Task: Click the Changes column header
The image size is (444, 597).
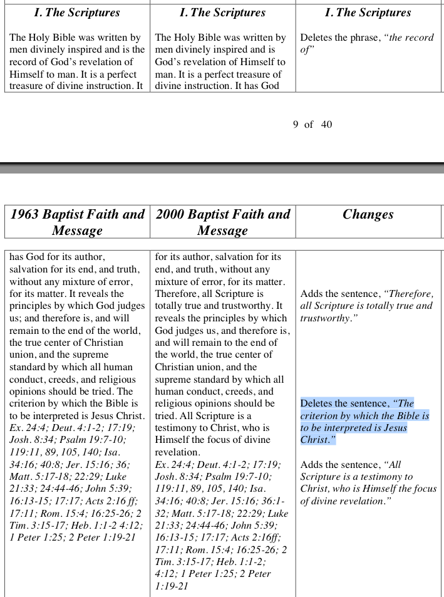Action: pyautogui.click(x=368, y=214)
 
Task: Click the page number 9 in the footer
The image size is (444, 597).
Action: pyautogui.click(x=296, y=124)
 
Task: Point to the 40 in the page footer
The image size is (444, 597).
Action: pyautogui.click(x=326, y=124)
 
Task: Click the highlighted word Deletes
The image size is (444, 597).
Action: pyautogui.click(x=318, y=403)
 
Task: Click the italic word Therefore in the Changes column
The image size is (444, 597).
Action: pyautogui.click(x=411, y=294)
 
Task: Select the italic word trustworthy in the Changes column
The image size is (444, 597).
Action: pyautogui.click(x=326, y=318)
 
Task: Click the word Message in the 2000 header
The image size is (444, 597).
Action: pyautogui.click(x=222, y=231)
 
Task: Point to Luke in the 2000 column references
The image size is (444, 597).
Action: pyautogui.click(x=278, y=513)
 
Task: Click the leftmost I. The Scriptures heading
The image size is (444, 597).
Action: pyautogui.click(x=78, y=13)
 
